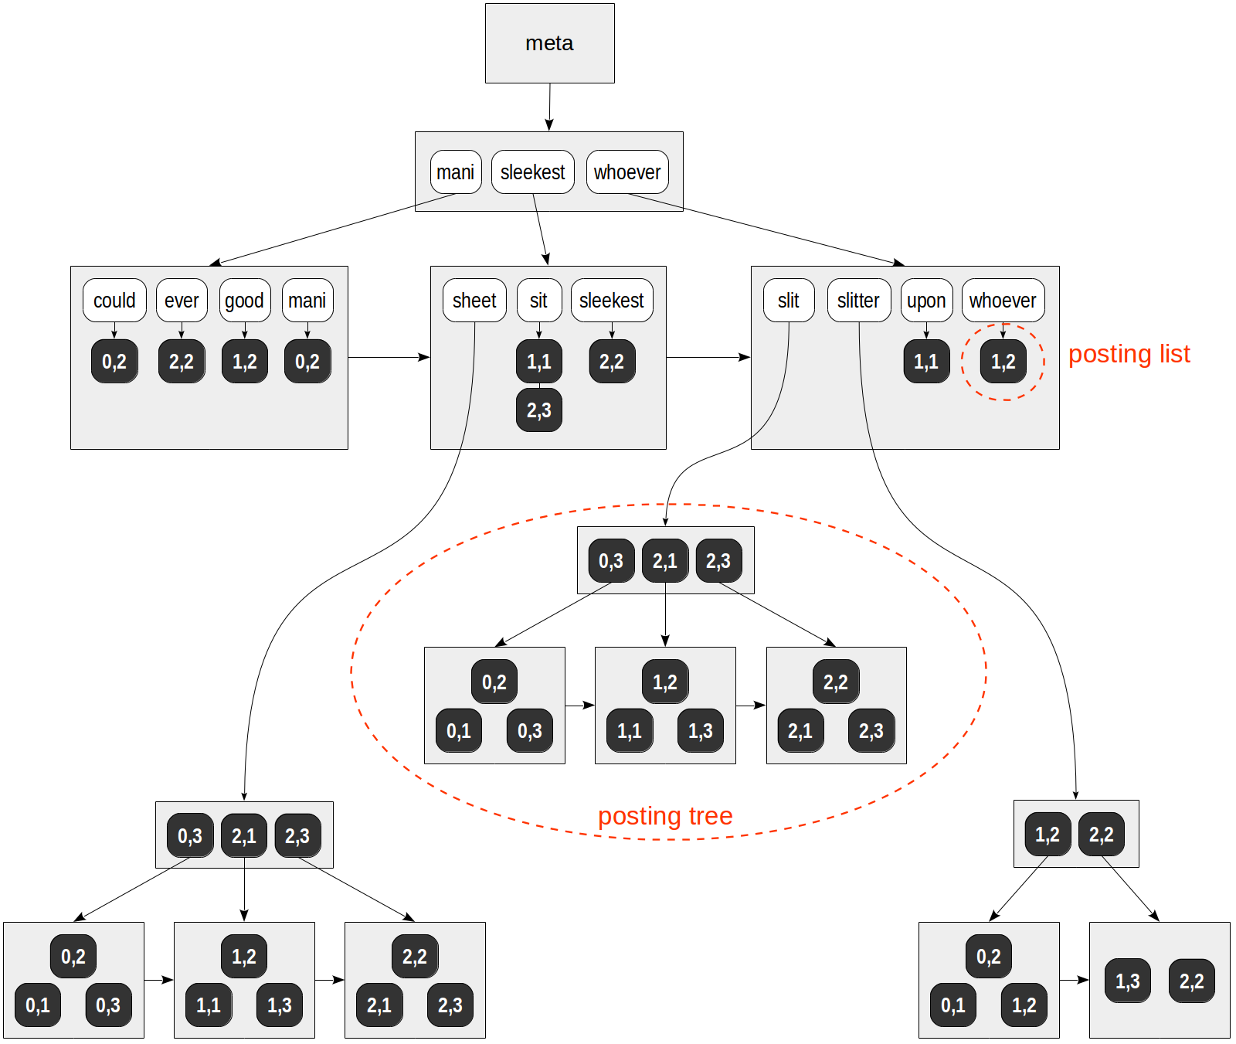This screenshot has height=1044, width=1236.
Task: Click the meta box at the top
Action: [549, 43]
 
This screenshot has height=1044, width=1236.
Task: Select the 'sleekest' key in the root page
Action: [532, 172]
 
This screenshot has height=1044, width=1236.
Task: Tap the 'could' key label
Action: [114, 300]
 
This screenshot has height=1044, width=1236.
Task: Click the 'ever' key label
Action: [182, 300]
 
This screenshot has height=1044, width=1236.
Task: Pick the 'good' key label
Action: [244, 300]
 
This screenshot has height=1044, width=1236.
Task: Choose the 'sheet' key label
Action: [474, 300]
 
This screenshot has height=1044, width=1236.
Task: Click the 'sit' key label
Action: [538, 300]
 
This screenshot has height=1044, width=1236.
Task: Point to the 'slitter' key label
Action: [858, 300]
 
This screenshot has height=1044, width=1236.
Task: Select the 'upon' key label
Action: [926, 300]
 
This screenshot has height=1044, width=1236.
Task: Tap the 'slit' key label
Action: [788, 300]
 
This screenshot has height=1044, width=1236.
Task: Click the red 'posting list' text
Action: [1129, 354]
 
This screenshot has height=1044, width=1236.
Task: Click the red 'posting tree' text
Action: [665, 816]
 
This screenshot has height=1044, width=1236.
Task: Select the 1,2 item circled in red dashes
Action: [1003, 361]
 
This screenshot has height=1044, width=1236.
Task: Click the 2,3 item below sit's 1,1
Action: [538, 410]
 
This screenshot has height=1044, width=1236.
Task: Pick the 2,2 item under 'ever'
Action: [182, 361]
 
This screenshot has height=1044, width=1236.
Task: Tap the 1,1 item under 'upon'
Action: [926, 361]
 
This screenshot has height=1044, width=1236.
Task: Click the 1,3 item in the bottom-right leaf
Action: [1127, 981]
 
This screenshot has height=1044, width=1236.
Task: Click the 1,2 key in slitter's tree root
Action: [1047, 834]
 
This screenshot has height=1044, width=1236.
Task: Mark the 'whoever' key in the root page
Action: [626, 172]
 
